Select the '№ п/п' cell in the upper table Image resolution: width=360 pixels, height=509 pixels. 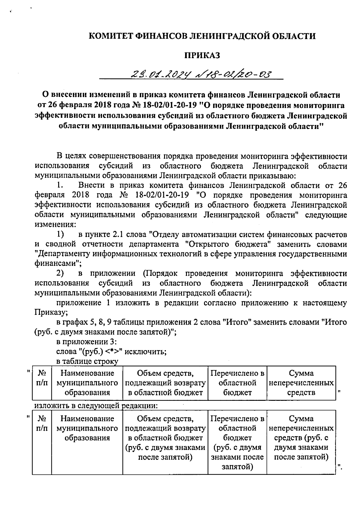click(42, 383)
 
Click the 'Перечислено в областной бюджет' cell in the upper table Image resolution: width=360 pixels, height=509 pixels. click(237, 383)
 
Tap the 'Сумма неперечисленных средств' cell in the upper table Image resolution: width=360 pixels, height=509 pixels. click(301, 383)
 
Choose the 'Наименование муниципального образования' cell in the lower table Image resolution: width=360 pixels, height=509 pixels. click(87, 428)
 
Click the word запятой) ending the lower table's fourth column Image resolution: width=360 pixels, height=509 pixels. click(237, 467)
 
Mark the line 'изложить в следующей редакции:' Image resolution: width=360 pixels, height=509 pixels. click(96, 406)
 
